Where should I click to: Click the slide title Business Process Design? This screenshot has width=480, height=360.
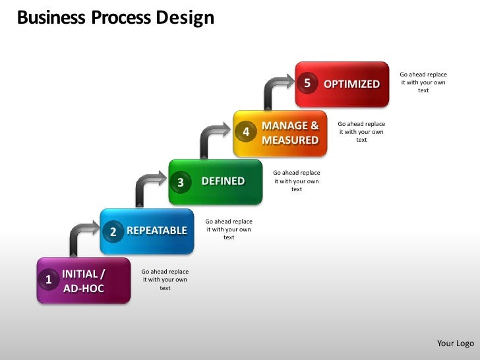tap(115, 18)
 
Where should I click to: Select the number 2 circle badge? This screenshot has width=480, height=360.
tap(113, 231)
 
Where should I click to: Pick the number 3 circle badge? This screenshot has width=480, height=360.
tap(181, 183)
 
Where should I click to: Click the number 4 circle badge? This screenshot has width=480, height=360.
tap(246, 133)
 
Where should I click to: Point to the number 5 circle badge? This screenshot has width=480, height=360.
tap(307, 83)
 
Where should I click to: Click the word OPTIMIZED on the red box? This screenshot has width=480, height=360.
tap(351, 84)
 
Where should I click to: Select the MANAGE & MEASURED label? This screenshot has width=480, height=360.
tap(290, 133)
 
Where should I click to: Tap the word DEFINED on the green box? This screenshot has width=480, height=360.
tap(223, 181)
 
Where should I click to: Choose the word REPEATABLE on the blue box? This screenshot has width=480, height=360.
tap(157, 231)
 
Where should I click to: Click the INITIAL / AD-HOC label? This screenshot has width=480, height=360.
tap(84, 281)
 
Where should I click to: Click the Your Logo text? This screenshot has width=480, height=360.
tap(456, 343)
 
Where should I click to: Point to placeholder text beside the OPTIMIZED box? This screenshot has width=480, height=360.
tap(423, 82)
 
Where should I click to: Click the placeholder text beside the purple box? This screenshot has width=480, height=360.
tap(165, 280)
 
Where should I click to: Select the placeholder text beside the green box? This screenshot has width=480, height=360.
tap(296, 181)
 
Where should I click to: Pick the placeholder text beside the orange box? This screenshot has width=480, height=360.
tap(361, 132)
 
